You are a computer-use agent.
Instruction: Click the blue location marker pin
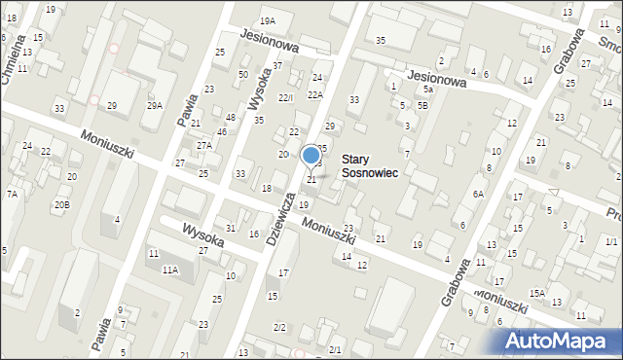click(x=311, y=156)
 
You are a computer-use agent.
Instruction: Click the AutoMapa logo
click(x=558, y=341)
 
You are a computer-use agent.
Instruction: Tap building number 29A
click(x=154, y=105)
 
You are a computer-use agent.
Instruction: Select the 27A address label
click(x=203, y=145)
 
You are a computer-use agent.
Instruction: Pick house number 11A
click(x=170, y=270)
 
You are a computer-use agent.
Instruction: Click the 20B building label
click(x=61, y=204)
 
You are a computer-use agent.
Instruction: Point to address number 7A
click(x=12, y=195)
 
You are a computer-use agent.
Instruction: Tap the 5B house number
click(x=421, y=105)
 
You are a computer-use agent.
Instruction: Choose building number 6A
click(x=478, y=195)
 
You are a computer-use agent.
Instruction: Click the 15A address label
click(x=536, y=293)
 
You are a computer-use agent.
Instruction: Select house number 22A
click(x=314, y=94)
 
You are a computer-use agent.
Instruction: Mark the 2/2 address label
click(x=279, y=327)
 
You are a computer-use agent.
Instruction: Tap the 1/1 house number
click(x=610, y=241)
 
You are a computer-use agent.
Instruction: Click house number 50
click(x=243, y=75)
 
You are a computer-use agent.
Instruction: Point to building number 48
click(x=231, y=118)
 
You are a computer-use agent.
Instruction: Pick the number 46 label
click(x=222, y=131)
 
